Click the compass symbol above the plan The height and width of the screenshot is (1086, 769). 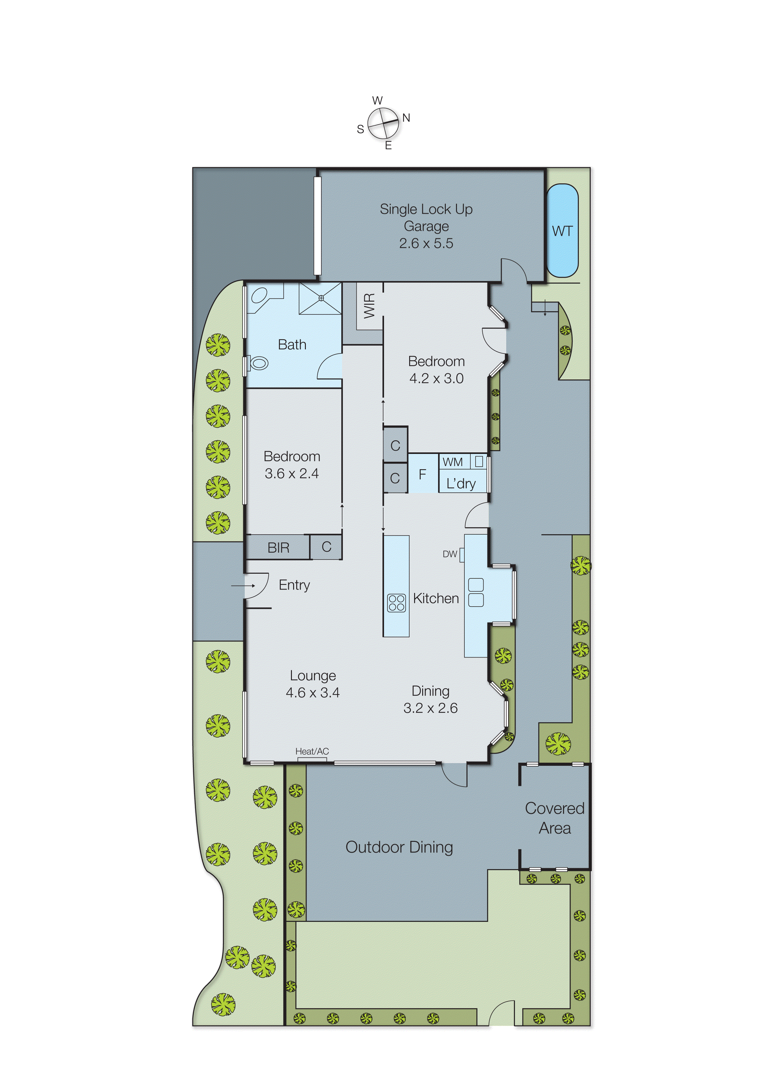tap(383, 123)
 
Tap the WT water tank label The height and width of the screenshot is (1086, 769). tap(562, 231)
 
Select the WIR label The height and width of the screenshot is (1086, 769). tap(369, 306)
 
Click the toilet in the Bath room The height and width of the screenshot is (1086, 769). tap(258, 363)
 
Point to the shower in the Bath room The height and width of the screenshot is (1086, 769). tap(320, 298)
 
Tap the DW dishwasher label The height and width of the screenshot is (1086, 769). tap(450, 554)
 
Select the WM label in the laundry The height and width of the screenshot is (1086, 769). tap(453, 462)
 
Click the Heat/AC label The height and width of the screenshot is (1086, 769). tap(312, 751)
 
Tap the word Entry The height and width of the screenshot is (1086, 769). tap(294, 585)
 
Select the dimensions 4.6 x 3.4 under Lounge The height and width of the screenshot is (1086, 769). tap(312, 693)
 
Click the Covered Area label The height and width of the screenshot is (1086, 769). tap(555, 818)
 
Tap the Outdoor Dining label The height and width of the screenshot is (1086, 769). tap(399, 847)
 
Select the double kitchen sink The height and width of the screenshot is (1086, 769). tap(476, 593)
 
